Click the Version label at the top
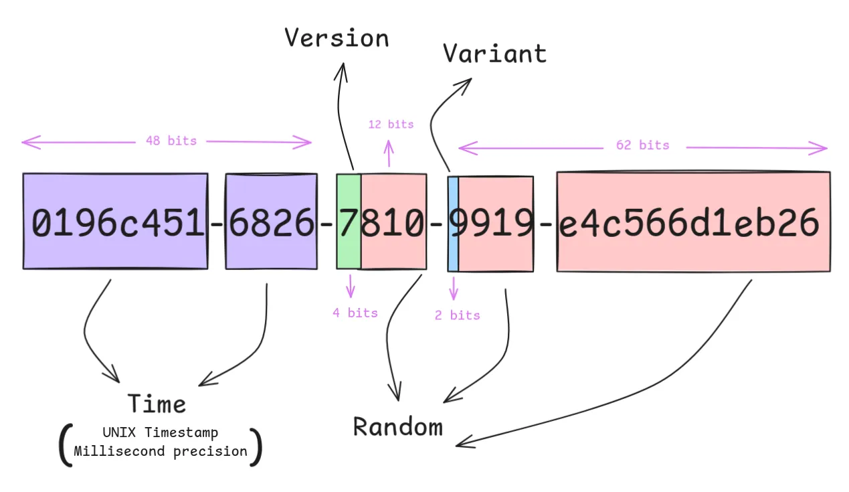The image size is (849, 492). coord(337,38)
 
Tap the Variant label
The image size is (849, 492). coord(494,54)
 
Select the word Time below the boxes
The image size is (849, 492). coord(157,404)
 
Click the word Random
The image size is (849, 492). coord(398,426)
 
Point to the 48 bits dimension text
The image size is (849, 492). coord(171,141)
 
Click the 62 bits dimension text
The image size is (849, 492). coord(642,145)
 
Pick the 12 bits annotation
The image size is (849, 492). coord(391,125)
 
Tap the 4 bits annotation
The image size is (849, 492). coord(355,313)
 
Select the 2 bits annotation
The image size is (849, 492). coord(457,315)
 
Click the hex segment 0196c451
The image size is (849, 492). coord(118,223)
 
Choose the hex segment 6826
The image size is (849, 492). coord(271,223)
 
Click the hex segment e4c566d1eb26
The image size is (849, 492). coord(689,223)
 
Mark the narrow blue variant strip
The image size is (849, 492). coord(453,224)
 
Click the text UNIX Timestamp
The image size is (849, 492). coord(161,432)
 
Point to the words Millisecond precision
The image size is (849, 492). coord(161,451)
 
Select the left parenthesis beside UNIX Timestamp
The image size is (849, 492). coord(66,443)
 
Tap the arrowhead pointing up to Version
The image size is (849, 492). coord(343,68)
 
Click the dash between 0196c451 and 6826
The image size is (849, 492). coord(216,224)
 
